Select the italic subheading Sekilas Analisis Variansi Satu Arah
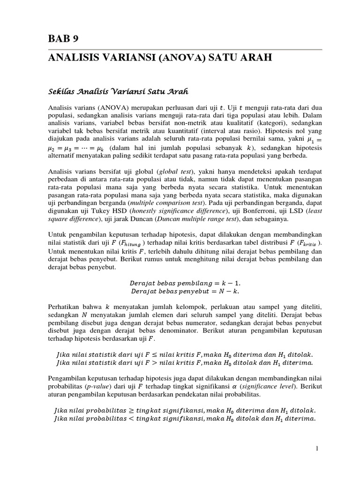pyautogui.click(x=112, y=89)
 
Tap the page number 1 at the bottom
pyautogui.click(x=317, y=449)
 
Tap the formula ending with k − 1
pyautogui.click(x=185, y=283)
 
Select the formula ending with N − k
pyautogui.click(x=185, y=291)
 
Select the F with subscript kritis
pyautogui.click(x=309, y=243)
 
